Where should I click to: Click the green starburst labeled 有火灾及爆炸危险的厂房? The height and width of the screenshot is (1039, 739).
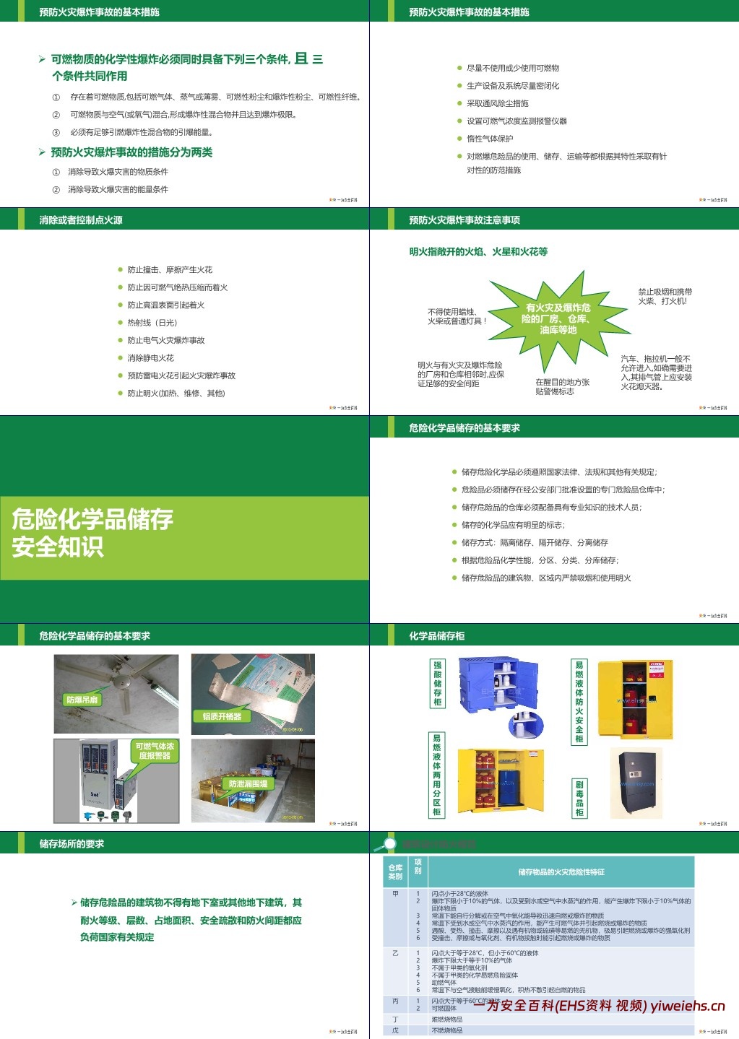[558, 318]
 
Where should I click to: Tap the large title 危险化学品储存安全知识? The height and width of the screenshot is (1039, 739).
[92, 532]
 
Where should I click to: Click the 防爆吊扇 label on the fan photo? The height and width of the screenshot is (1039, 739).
[82, 700]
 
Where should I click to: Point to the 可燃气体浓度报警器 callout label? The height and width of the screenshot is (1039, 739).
[155, 751]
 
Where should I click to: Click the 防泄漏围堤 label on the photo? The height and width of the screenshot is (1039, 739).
[248, 783]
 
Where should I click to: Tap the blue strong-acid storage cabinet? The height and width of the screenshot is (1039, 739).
[498, 684]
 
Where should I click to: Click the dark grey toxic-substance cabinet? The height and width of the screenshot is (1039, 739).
[636, 783]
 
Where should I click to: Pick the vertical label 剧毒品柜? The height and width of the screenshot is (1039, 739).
[579, 799]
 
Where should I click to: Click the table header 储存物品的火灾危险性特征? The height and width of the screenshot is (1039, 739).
[561, 872]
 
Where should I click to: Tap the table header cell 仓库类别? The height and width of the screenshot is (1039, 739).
[395, 872]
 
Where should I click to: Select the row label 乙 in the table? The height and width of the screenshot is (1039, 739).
[395, 953]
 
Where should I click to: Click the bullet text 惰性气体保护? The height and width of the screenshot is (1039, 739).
[490, 139]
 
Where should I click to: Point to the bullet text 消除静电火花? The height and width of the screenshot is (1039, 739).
[151, 358]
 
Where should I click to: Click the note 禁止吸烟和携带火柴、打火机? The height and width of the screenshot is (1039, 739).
[665, 296]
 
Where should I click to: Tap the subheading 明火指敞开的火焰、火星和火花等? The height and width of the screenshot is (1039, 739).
[478, 252]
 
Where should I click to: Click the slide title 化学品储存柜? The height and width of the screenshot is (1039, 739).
[436, 636]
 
